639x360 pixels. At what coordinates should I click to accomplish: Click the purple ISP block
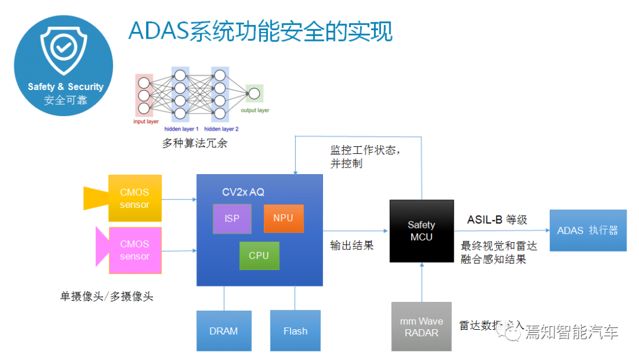[232, 218]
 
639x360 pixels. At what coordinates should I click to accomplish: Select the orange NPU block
[283, 218]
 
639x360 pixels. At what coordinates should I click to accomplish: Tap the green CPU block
[259, 256]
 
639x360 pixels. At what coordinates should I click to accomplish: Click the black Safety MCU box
[421, 231]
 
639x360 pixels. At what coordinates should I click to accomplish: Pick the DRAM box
[224, 331]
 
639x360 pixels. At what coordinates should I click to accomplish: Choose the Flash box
[295, 331]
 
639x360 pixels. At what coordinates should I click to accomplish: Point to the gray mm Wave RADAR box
[421, 326]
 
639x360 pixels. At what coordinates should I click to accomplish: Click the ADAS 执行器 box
[588, 230]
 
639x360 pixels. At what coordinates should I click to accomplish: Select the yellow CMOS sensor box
[135, 198]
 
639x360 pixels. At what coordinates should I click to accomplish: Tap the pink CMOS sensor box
[135, 250]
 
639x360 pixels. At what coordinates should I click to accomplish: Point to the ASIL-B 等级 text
[497, 220]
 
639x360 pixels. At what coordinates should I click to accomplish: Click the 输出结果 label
[352, 245]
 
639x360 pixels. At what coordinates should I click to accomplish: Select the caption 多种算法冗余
[195, 143]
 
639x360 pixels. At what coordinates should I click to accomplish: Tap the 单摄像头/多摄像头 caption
[106, 297]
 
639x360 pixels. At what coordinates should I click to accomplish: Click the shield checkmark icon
[63, 49]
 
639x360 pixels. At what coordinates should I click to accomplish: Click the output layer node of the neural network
[254, 94]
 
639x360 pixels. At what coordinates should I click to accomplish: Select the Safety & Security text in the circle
[66, 86]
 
